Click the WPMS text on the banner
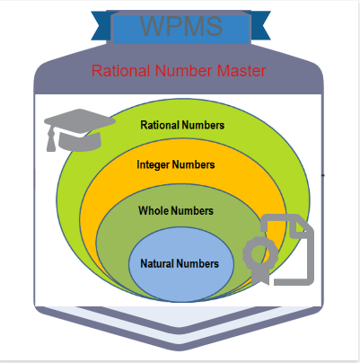click(181, 26)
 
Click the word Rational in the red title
click(120, 71)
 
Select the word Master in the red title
click(241, 71)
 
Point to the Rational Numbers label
click(182, 125)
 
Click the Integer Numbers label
click(176, 164)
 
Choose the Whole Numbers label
click(176, 210)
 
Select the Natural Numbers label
click(180, 263)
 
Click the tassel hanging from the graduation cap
click(51, 139)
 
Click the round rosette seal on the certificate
click(259, 253)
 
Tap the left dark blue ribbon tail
click(101, 25)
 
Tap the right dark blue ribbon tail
click(260, 25)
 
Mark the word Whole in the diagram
click(154, 210)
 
